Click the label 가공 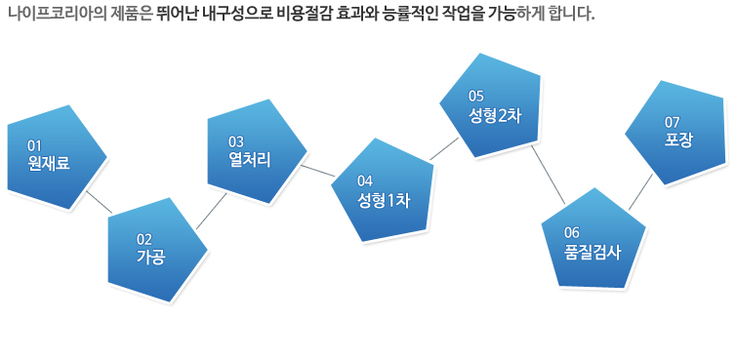pos(150,258)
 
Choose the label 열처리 pos(249,159)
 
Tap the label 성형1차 pos(384,200)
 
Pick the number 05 pos(476,97)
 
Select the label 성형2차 pos(495,114)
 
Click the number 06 pos(572,232)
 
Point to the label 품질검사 pos(593,250)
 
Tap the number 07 pos(672,122)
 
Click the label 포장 pos(678,140)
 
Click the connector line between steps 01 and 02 pos(98,202)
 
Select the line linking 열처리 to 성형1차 pos(317,173)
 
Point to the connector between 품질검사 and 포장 pos(639,192)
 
